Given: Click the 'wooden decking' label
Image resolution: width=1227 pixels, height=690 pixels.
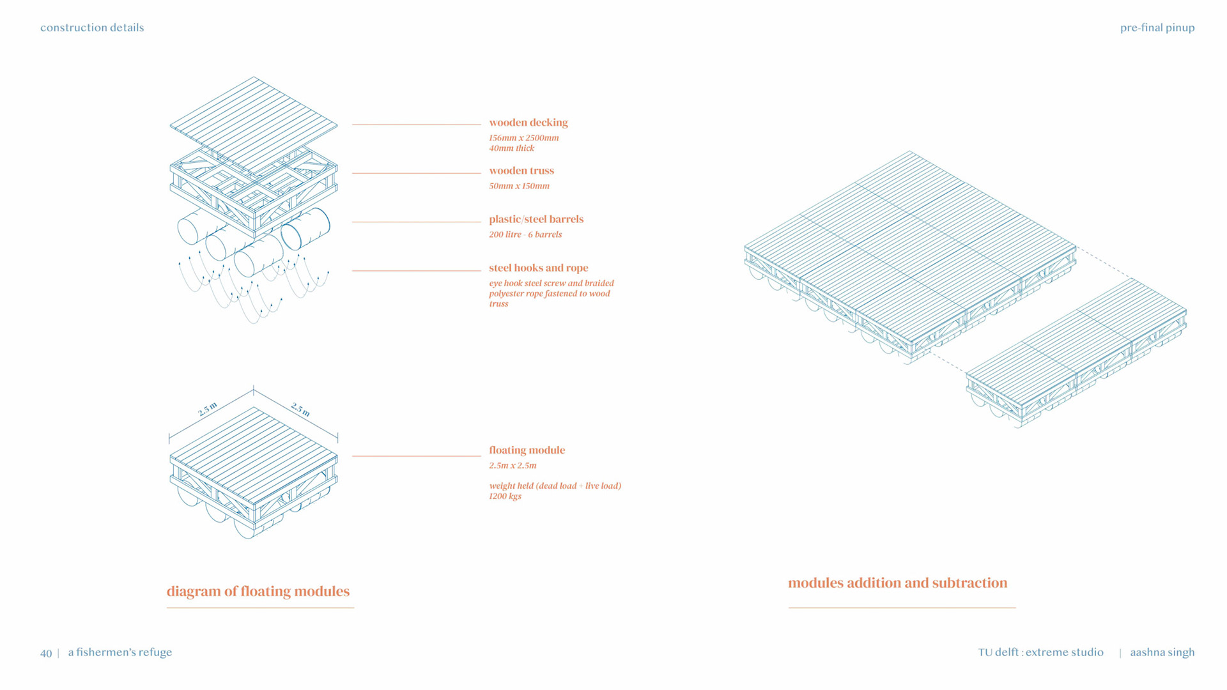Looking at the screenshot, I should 528,123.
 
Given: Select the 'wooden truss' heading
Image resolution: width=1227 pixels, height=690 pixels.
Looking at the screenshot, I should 521,171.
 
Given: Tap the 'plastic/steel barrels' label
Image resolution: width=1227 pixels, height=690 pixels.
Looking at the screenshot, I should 536,219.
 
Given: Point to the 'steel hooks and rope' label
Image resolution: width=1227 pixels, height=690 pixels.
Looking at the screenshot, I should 538,268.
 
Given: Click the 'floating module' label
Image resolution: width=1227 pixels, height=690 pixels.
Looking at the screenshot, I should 527,450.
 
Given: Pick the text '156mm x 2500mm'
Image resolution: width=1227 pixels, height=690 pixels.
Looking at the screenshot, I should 523,138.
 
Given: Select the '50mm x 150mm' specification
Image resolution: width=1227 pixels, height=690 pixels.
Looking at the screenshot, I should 519,186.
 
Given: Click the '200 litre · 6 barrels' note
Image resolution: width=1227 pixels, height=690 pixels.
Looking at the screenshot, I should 525,234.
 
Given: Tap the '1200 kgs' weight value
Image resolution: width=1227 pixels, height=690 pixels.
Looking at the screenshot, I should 505,496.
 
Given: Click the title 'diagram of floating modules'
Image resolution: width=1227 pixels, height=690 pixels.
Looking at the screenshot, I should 258,591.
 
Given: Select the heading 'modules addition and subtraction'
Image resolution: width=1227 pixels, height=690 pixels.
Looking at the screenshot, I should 897,583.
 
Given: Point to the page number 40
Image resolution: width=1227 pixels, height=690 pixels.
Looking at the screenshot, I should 46,653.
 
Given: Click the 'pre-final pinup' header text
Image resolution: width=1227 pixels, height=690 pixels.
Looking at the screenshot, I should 1157,27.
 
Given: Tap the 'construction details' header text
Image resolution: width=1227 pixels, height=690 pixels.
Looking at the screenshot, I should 92,27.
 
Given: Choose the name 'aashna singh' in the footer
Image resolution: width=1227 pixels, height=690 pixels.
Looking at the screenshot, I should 1162,652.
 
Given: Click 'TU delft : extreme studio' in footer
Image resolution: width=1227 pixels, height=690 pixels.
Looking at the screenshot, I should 1040,652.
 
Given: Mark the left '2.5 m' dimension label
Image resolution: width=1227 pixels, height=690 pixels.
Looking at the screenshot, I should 208,409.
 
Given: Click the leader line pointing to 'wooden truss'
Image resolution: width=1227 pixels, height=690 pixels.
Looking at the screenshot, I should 416,173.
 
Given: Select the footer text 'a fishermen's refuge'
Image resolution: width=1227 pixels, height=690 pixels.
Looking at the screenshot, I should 120,652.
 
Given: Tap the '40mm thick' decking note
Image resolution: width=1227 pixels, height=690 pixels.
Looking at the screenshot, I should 511,148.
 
